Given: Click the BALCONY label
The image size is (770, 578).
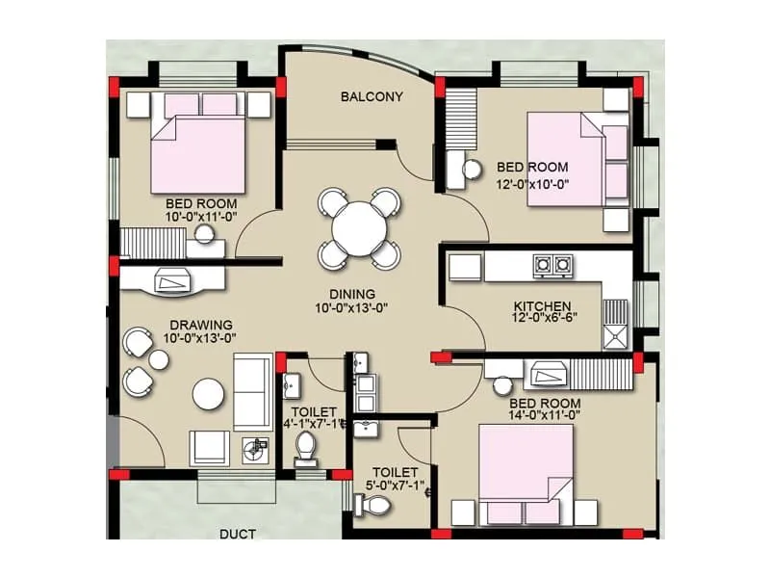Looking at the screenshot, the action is tap(371, 96).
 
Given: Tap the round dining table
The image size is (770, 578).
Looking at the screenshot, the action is tap(358, 227).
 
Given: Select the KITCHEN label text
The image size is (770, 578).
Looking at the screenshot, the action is tap(541, 307).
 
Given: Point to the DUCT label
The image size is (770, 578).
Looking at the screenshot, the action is tap(236, 532).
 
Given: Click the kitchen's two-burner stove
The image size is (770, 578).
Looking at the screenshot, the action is tap(551, 262).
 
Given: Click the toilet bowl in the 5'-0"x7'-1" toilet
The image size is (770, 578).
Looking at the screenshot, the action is tap(370, 504).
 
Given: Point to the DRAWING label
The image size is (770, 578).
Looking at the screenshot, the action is tap(201, 325).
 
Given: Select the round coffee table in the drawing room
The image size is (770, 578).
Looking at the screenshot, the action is tap(208, 393).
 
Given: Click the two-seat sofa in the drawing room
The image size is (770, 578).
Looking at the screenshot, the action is tap(253, 390).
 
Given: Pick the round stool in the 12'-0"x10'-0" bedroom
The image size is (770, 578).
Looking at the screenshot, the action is tap(472, 170).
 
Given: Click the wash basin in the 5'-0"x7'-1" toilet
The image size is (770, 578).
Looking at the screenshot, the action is tap(367, 427).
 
